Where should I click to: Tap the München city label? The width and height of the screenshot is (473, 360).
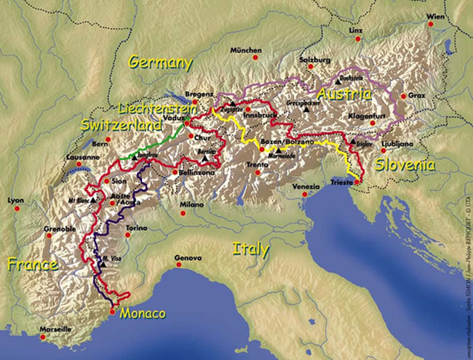[245, 50]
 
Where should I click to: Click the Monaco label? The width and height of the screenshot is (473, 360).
[143, 313]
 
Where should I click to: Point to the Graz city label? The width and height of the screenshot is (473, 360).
[417, 95]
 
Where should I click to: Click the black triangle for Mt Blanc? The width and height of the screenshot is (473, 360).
[95, 200]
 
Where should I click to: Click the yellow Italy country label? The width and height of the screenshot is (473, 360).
[250, 249]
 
